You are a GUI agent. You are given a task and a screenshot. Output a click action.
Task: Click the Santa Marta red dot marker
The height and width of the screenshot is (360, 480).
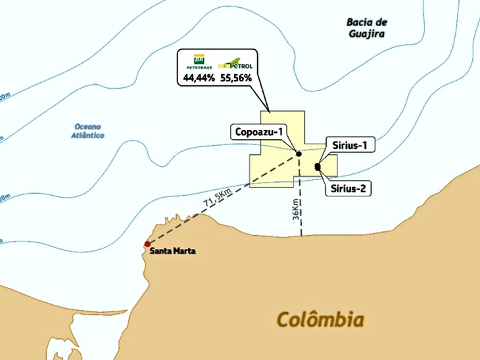[x=147, y=244]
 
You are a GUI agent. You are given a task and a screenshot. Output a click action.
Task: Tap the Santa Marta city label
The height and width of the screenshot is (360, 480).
[x=173, y=251]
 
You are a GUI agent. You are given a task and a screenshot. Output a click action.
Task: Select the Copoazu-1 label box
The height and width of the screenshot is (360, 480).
[x=258, y=132]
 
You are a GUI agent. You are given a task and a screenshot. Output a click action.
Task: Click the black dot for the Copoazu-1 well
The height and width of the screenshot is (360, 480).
[x=299, y=154]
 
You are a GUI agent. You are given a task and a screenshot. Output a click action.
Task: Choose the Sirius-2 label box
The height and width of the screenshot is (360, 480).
[x=348, y=189]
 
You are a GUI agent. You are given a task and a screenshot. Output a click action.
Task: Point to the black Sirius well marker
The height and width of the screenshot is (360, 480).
[x=318, y=167]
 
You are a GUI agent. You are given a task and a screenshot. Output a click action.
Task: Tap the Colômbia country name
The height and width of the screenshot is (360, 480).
[x=320, y=320]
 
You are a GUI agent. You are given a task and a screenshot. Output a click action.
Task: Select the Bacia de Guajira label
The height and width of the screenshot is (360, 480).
[x=366, y=27]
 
